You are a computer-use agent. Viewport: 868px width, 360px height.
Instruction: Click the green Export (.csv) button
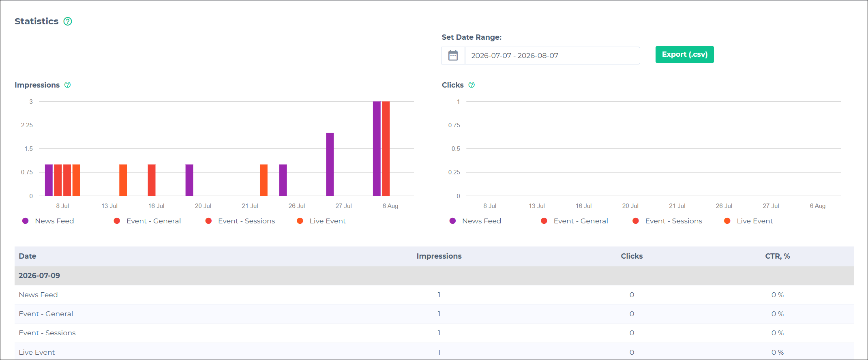[684, 54]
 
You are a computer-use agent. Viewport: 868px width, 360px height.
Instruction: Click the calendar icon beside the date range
[453, 56]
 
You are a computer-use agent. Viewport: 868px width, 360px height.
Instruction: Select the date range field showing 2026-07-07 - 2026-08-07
[552, 56]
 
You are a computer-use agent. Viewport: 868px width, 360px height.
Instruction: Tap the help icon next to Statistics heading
[68, 21]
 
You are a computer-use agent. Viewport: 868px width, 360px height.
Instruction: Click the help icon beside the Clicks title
[472, 85]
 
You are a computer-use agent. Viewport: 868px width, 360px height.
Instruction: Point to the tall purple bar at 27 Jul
[330, 164]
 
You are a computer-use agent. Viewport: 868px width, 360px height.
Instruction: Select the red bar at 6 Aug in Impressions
[386, 148]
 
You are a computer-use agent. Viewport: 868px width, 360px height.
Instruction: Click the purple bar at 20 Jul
[189, 180]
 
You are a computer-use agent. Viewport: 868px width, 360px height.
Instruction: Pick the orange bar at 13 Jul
[123, 180]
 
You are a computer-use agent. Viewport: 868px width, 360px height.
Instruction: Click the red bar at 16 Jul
[152, 180]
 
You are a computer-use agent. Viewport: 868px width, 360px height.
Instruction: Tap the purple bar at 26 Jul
[283, 180]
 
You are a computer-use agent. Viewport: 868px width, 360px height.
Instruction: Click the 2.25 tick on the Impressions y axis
[27, 125]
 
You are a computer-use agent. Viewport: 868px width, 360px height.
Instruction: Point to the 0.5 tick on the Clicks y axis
[456, 149]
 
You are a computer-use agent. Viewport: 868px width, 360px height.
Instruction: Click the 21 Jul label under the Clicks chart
[677, 206]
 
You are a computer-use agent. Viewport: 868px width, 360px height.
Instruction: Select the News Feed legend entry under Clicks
[475, 221]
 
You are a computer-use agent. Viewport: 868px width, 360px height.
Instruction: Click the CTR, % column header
[777, 256]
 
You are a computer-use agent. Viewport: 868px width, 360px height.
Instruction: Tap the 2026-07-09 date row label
[39, 276]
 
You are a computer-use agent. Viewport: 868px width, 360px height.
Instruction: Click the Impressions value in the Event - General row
[439, 314]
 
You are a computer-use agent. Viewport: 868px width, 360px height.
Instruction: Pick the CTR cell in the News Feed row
[778, 295]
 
